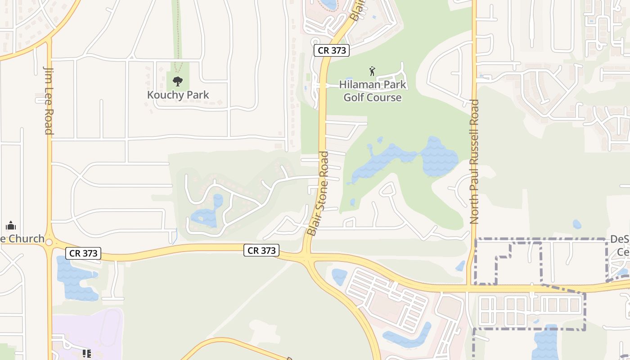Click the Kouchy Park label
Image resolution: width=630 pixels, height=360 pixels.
click(178, 95)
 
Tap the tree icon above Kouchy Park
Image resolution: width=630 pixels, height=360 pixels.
click(178, 81)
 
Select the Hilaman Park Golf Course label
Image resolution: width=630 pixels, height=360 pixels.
click(373, 91)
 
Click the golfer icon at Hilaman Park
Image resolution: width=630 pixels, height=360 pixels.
click(372, 71)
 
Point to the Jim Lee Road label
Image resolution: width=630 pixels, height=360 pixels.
click(49, 100)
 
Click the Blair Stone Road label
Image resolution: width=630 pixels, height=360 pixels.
click(318, 193)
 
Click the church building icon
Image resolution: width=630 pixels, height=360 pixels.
click(11, 225)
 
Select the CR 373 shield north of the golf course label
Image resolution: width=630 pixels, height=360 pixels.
click(332, 50)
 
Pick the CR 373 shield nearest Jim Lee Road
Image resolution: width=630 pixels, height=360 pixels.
click(84, 253)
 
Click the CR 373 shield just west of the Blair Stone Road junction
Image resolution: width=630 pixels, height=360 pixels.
click(261, 250)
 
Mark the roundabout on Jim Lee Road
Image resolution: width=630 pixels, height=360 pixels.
click(49, 243)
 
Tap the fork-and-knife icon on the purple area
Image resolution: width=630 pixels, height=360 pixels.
click(86, 354)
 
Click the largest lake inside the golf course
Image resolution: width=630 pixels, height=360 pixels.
click(405, 160)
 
